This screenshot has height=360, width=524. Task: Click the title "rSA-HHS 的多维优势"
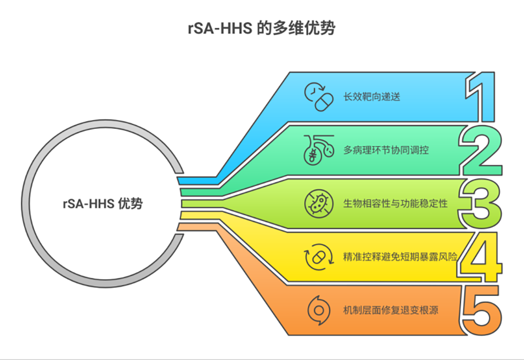261,29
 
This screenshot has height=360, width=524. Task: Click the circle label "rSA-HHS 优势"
103,204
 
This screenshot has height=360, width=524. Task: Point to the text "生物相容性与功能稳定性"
395,204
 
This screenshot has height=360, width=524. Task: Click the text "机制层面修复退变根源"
391,311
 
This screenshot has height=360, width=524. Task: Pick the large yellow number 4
481,257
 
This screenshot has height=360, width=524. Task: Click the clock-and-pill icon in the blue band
319,97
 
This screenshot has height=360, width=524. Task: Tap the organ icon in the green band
319,149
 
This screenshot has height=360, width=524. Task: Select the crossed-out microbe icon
318,204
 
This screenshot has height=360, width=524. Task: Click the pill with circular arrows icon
318,257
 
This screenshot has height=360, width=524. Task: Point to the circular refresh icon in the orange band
318,310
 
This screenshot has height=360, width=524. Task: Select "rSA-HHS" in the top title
219,29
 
